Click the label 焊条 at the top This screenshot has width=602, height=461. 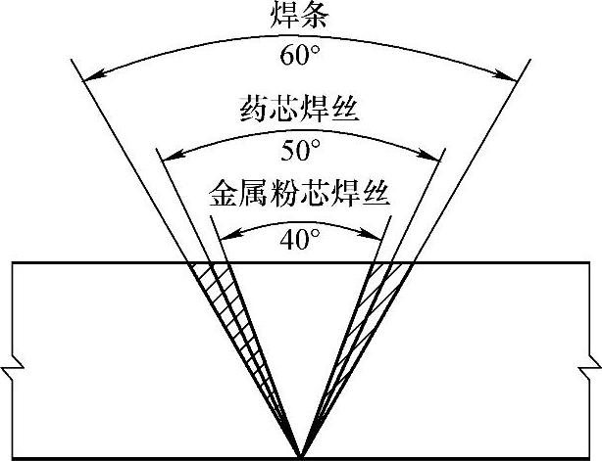tap(300, 16)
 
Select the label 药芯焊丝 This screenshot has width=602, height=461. tap(300, 110)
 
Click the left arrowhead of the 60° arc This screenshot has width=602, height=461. tap(85, 75)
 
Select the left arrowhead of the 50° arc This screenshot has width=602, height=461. tap(164, 155)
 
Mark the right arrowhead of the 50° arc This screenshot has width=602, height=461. tap(437, 155)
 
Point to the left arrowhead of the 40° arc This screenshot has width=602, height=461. tap(218, 236)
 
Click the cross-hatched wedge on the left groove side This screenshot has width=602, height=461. tap(224, 294)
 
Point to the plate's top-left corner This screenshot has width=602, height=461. tap(9, 263)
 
